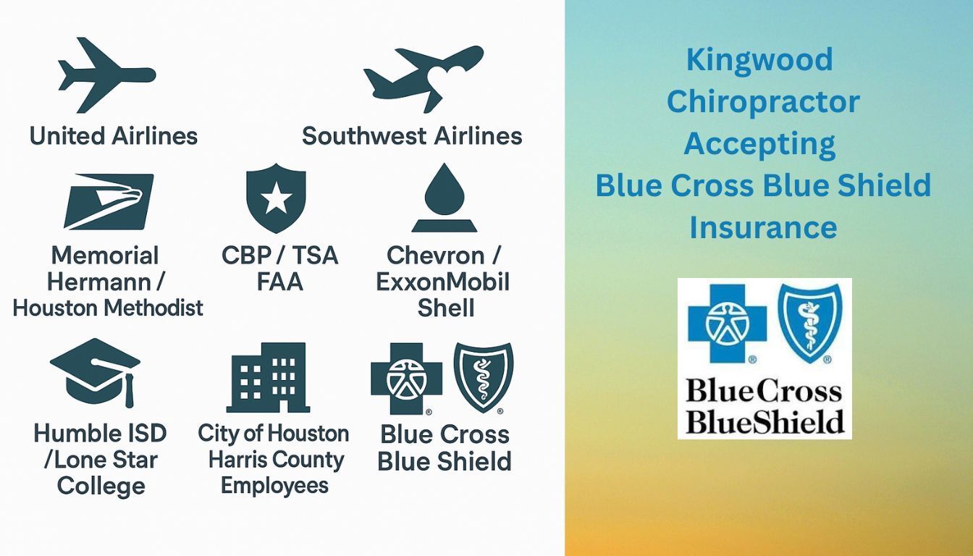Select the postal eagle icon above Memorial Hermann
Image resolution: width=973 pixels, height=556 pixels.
[x=109, y=201]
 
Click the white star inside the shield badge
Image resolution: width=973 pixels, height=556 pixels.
[x=276, y=198]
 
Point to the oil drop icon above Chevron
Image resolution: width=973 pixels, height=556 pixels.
[x=445, y=198]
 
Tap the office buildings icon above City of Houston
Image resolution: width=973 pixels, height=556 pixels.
[x=268, y=377]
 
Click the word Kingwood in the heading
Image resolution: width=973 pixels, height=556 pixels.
[x=759, y=59]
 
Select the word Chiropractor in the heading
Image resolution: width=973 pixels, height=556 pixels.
[x=763, y=101]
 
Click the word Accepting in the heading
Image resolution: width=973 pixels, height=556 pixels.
[x=759, y=144]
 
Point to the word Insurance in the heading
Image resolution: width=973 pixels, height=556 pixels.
[x=763, y=227]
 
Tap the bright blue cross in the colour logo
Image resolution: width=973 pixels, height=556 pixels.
[x=727, y=324]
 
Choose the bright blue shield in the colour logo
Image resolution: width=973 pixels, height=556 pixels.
[x=810, y=323]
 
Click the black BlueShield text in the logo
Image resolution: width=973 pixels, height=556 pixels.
[x=765, y=421]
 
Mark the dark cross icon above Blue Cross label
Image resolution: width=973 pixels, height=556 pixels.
[x=407, y=379]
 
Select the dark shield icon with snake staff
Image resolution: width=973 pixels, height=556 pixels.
[x=484, y=377]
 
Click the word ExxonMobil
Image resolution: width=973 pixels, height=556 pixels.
[x=442, y=282]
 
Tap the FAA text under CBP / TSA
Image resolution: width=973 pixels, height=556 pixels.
[x=279, y=282]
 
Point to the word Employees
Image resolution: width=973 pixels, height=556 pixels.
[x=274, y=486]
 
